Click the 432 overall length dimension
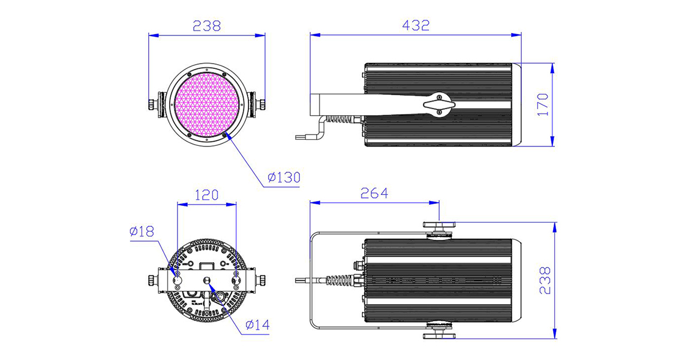click(x=416, y=25)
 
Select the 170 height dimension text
click(x=543, y=104)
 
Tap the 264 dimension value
click(x=374, y=193)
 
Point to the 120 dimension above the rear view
click(x=206, y=194)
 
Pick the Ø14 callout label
click(x=257, y=325)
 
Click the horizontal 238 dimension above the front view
click(x=206, y=26)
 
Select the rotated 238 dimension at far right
click(x=544, y=280)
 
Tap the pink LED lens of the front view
click(x=207, y=104)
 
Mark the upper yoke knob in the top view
click(x=439, y=226)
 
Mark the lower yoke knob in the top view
click(x=439, y=334)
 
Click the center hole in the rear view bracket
click(x=207, y=280)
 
